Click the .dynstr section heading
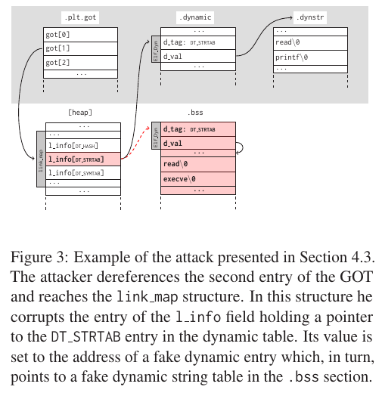309,15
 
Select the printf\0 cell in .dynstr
309,57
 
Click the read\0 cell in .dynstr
309,43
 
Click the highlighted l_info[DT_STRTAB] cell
82,159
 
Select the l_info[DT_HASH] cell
82,144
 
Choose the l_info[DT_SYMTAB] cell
82,172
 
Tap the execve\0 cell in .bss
198,178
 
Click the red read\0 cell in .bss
198,164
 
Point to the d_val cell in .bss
198,143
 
